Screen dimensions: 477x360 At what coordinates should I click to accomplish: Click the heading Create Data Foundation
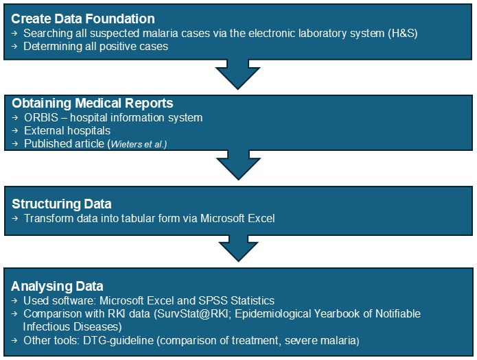pos(83,19)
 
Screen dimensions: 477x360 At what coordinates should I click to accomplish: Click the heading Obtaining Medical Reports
pos(93,104)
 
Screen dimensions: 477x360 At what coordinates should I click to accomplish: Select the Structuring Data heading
pos(62,204)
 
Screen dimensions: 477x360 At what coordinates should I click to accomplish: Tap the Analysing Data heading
pos(57,287)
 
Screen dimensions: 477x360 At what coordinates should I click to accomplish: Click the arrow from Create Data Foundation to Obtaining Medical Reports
pos(238,75)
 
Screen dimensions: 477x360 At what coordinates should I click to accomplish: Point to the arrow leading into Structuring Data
pos(239,165)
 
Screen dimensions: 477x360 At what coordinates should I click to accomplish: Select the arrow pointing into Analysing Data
pos(239,248)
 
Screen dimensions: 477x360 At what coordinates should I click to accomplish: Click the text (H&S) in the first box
pos(402,33)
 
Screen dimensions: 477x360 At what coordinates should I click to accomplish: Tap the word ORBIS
pos(41,118)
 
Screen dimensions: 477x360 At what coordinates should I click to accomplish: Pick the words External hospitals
pos(67,131)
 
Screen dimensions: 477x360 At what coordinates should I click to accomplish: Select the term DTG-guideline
pos(118,341)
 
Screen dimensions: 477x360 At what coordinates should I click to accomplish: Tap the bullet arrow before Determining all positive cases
pos(14,47)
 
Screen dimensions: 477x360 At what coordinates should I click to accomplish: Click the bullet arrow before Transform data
pos(15,219)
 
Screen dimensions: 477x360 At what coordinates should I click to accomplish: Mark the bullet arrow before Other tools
pos(14,341)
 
